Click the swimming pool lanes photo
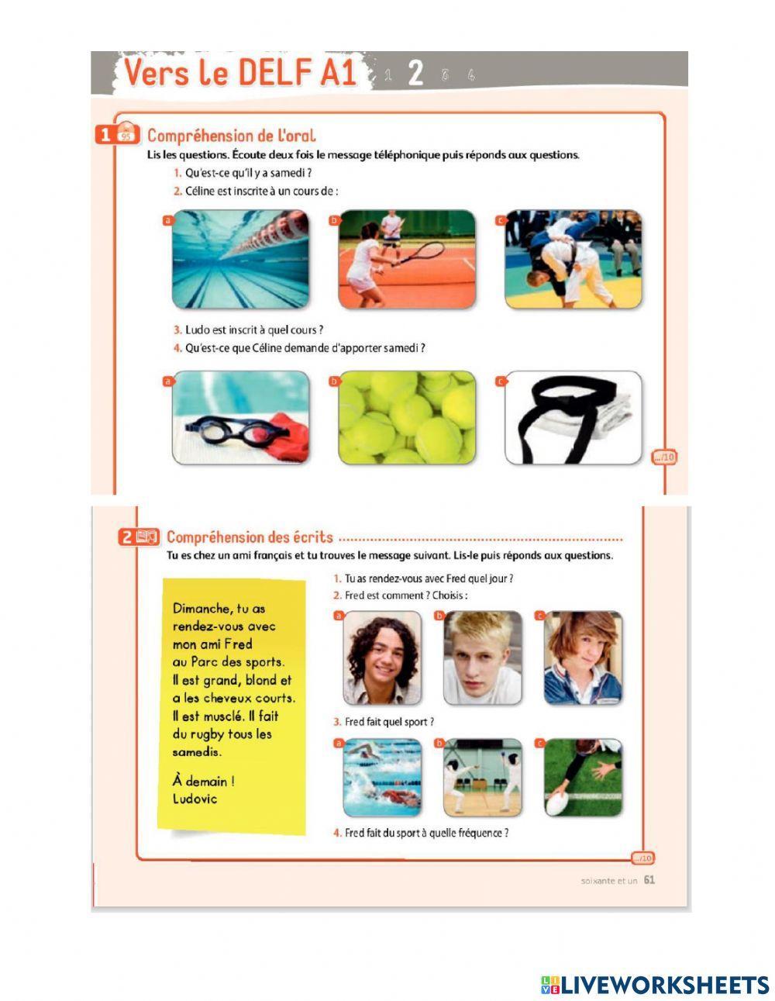(x=240, y=259)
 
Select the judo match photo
(x=573, y=259)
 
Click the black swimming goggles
(x=237, y=431)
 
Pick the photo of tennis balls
(x=406, y=417)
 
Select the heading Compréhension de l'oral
(x=232, y=136)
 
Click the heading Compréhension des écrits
(x=250, y=537)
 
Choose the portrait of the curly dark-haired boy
(x=382, y=658)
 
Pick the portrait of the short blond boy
(x=482, y=658)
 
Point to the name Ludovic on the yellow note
(x=195, y=799)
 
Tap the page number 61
(x=649, y=880)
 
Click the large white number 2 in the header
(x=415, y=73)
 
